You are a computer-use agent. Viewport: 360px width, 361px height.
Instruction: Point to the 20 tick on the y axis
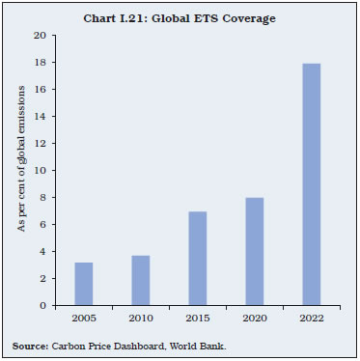tap(40, 36)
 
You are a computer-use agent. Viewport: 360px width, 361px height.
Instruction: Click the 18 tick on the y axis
tap(40, 63)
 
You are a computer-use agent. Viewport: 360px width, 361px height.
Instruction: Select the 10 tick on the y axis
tap(40, 171)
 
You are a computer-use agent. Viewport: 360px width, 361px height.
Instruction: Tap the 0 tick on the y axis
tap(42, 306)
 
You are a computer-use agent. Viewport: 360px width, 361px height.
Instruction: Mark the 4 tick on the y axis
tap(42, 252)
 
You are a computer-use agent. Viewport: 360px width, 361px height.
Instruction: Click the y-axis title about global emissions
tap(18, 171)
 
